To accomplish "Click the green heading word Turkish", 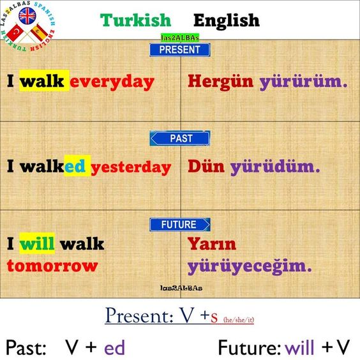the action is [136, 20].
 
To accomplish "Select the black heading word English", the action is [227, 21].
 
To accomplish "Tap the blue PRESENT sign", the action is [180, 50].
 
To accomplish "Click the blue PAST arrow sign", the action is [180, 139].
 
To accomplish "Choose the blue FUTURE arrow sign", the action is [180, 224].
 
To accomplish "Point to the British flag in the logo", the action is [27, 16].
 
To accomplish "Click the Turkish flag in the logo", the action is [15, 33].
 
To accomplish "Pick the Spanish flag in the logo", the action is [40, 33].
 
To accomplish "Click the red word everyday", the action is [112, 82].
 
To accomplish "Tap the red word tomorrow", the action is [52, 266].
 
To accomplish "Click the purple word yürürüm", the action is [303, 82].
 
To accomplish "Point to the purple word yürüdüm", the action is [275, 167].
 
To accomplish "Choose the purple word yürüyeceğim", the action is [250, 266].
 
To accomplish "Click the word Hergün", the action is [220, 82].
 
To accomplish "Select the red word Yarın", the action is [212, 244].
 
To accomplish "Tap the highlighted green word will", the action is [37, 243].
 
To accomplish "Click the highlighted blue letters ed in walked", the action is [75, 166].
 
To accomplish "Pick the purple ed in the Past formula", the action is [114, 347].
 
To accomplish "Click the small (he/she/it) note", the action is [239, 320].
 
